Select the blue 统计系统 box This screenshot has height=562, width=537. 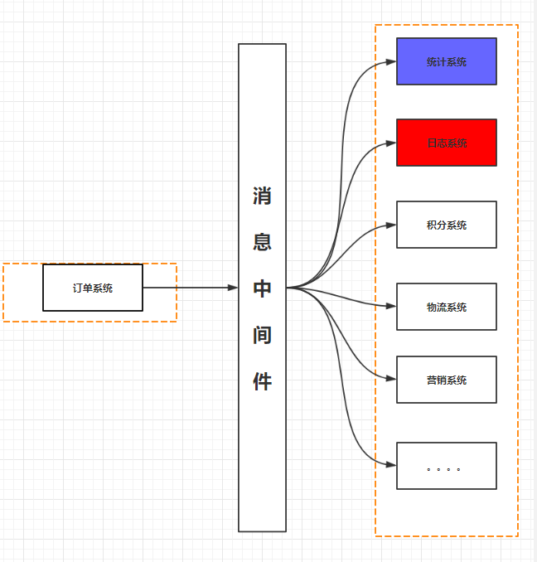tap(446, 61)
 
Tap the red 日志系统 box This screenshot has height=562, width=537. tap(446, 143)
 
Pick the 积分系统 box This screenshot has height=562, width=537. tap(446, 225)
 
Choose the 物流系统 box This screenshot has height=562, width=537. tap(446, 307)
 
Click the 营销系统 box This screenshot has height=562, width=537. tap(446, 380)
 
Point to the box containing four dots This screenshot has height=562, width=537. tap(446, 466)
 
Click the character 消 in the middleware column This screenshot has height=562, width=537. tap(262, 196)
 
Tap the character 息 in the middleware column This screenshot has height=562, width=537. tap(262, 243)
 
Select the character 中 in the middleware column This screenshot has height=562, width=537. tap(262, 288)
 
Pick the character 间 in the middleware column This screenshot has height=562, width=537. tap(262, 335)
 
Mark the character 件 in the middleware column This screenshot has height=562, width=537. tap(262, 381)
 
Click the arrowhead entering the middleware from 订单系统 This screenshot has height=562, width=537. tap(233, 288)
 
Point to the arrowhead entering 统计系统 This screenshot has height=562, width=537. tap(391, 61)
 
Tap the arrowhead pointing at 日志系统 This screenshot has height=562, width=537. tap(391, 143)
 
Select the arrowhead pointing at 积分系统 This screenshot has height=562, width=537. tap(391, 225)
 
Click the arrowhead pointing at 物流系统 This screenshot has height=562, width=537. tap(391, 307)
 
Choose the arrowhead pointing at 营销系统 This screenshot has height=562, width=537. tap(391, 380)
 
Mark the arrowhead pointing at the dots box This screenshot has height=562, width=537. tap(391, 466)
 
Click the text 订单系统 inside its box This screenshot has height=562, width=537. tap(93, 288)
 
